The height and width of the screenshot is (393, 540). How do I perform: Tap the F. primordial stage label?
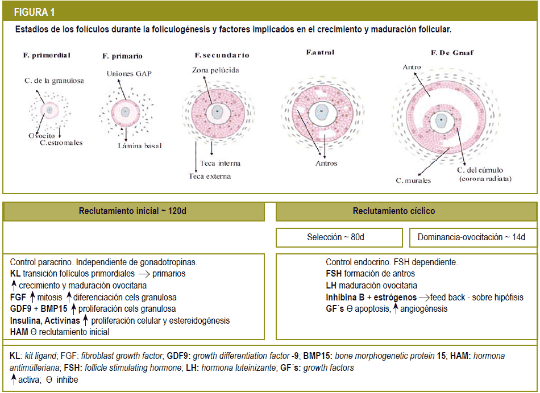(47, 55)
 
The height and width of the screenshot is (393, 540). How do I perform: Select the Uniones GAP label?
(129, 74)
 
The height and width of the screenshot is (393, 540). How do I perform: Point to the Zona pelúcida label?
(215, 70)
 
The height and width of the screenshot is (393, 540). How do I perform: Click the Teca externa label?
(210, 176)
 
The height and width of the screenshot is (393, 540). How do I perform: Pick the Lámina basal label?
(140, 146)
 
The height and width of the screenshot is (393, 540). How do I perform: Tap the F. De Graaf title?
(452, 53)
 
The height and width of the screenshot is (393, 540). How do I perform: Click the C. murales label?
(413, 181)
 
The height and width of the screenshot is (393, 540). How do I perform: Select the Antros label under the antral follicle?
(326, 164)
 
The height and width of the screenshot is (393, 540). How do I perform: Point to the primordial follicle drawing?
(49, 110)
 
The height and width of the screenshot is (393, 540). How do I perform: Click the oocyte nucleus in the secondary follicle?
(217, 112)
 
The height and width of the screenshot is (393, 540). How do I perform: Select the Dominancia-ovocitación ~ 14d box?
(471, 237)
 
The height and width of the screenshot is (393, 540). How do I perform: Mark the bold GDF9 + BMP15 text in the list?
(39, 309)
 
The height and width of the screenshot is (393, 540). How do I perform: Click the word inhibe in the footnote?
(67, 380)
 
